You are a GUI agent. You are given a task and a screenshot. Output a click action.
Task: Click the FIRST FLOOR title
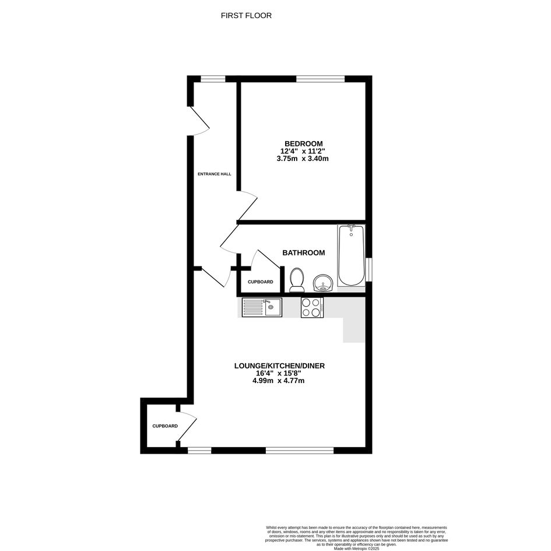pyautogui.click(x=246, y=16)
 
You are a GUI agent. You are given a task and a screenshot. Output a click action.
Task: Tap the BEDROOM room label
pyautogui.click(x=304, y=143)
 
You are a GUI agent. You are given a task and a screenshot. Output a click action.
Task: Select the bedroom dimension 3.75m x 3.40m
pyautogui.click(x=303, y=159)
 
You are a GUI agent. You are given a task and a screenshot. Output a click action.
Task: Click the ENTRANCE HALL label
pyautogui.click(x=215, y=174)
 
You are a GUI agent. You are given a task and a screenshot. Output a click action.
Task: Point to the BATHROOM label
pyautogui.click(x=304, y=252)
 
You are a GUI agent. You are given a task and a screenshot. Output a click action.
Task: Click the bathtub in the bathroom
pyautogui.click(x=351, y=255)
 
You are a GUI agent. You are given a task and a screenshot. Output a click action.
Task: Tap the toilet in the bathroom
pyautogui.click(x=297, y=280)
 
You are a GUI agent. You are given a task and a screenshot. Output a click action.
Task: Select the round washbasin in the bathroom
pyautogui.click(x=322, y=283)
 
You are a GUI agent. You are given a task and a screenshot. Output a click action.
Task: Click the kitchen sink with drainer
pyautogui.click(x=262, y=307)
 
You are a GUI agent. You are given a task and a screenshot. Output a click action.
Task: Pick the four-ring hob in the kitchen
pyautogui.click(x=312, y=307)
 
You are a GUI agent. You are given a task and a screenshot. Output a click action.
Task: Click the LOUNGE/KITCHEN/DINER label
pyautogui.click(x=279, y=366)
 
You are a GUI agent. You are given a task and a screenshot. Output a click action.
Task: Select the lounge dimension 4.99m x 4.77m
pyautogui.click(x=278, y=381)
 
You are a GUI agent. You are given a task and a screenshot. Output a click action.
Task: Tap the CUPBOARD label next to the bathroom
pyautogui.click(x=261, y=282)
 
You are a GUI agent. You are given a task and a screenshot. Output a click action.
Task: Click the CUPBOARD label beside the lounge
pyautogui.click(x=165, y=426)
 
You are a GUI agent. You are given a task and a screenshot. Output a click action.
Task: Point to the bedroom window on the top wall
pyautogui.click(x=320, y=79)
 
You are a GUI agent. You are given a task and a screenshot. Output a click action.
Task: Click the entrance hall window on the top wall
pyautogui.click(x=213, y=79)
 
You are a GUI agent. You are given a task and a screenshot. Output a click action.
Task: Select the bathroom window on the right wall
pyautogui.click(x=368, y=269)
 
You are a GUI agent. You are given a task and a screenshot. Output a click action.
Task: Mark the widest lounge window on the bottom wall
pyautogui.click(x=299, y=450)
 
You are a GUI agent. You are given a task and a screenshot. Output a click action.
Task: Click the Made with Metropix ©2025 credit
pyautogui.click(x=357, y=548)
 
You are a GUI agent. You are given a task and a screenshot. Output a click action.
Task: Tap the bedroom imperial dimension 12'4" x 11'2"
pyautogui.click(x=303, y=151)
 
